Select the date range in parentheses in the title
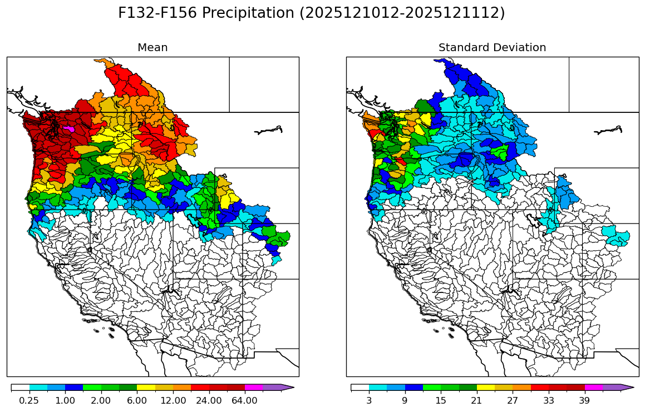coord(402,13)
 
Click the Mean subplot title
coord(152,48)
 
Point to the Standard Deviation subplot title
coord(492,48)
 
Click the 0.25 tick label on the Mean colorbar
coord(29,400)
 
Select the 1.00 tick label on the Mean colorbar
coord(65,400)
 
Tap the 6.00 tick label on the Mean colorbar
coord(137,400)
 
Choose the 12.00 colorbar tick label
coord(173,400)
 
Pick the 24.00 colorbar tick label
coord(209,400)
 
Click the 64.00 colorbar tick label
coord(245,400)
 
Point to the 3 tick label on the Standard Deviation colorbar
coord(369,400)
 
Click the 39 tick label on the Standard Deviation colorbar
coord(584,400)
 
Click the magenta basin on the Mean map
coord(69,129)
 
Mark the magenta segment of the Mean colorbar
coord(254,388)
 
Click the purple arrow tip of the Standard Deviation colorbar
coord(628,388)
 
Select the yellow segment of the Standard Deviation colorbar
coord(486,388)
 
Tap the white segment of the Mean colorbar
coord(20,388)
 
